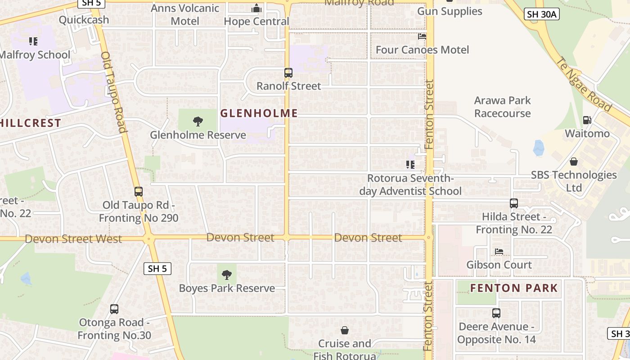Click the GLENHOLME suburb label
point(259,113)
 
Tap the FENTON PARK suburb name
point(514,288)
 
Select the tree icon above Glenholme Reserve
point(198,121)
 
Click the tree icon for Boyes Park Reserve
point(227,274)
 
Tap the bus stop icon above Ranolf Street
point(288,72)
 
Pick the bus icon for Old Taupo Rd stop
point(139,191)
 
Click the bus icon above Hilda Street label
point(514,203)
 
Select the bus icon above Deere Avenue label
point(496,313)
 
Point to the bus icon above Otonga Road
point(114,309)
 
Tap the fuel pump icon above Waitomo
point(587,120)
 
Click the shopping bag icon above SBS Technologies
point(574,161)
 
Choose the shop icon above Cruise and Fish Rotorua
point(345,330)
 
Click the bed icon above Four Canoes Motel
point(422,36)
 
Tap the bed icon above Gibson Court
point(499,251)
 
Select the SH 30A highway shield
point(542,14)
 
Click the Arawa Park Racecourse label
point(503,107)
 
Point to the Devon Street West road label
point(73,238)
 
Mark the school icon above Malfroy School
point(33,41)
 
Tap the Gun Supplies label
point(450,11)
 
